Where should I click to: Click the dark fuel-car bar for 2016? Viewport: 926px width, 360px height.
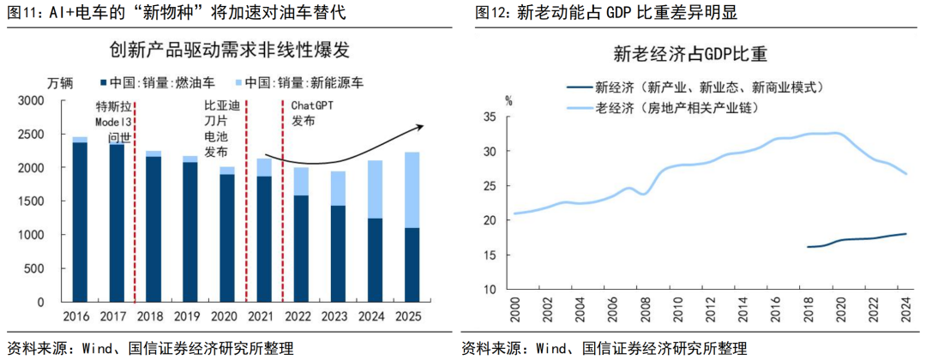point(79,222)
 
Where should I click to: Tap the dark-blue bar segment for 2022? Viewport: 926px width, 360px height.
point(302,249)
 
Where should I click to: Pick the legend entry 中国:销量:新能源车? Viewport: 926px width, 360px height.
point(297,83)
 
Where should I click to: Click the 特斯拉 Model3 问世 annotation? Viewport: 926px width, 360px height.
point(116,121)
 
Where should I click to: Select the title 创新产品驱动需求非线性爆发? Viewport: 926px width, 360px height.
point(230,51)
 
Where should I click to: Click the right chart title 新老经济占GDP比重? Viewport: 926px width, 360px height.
point(689,54)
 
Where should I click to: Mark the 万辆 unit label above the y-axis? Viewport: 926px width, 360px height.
point(59,83)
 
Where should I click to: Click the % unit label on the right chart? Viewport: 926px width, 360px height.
point(508,100)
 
